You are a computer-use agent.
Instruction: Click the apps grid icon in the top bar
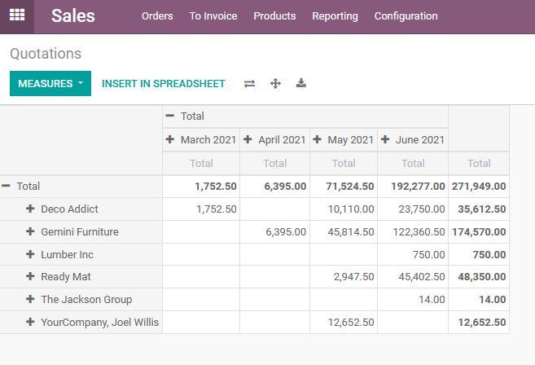pos(17,15)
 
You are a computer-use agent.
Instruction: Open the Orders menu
pos(157,16)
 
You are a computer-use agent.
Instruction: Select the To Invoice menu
pos(213,16)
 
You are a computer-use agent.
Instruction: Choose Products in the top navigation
pos(274,16)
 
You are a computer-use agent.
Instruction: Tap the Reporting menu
pos(335,16)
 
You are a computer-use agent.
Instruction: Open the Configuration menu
pos(406,16)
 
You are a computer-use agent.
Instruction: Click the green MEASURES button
pos(50,83)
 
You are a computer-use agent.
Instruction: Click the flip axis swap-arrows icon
pos(249,83)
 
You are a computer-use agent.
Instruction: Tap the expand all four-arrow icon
pos(275,83)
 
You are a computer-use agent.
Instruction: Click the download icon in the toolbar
pos(301,83)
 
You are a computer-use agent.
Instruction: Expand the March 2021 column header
pos(201,139)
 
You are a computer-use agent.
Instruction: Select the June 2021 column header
pos(413,139)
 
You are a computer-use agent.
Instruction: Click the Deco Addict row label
pos(69,209)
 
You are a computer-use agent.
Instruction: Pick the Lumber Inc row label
pos(67,255)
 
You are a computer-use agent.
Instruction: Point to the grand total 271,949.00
pos(479,187)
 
